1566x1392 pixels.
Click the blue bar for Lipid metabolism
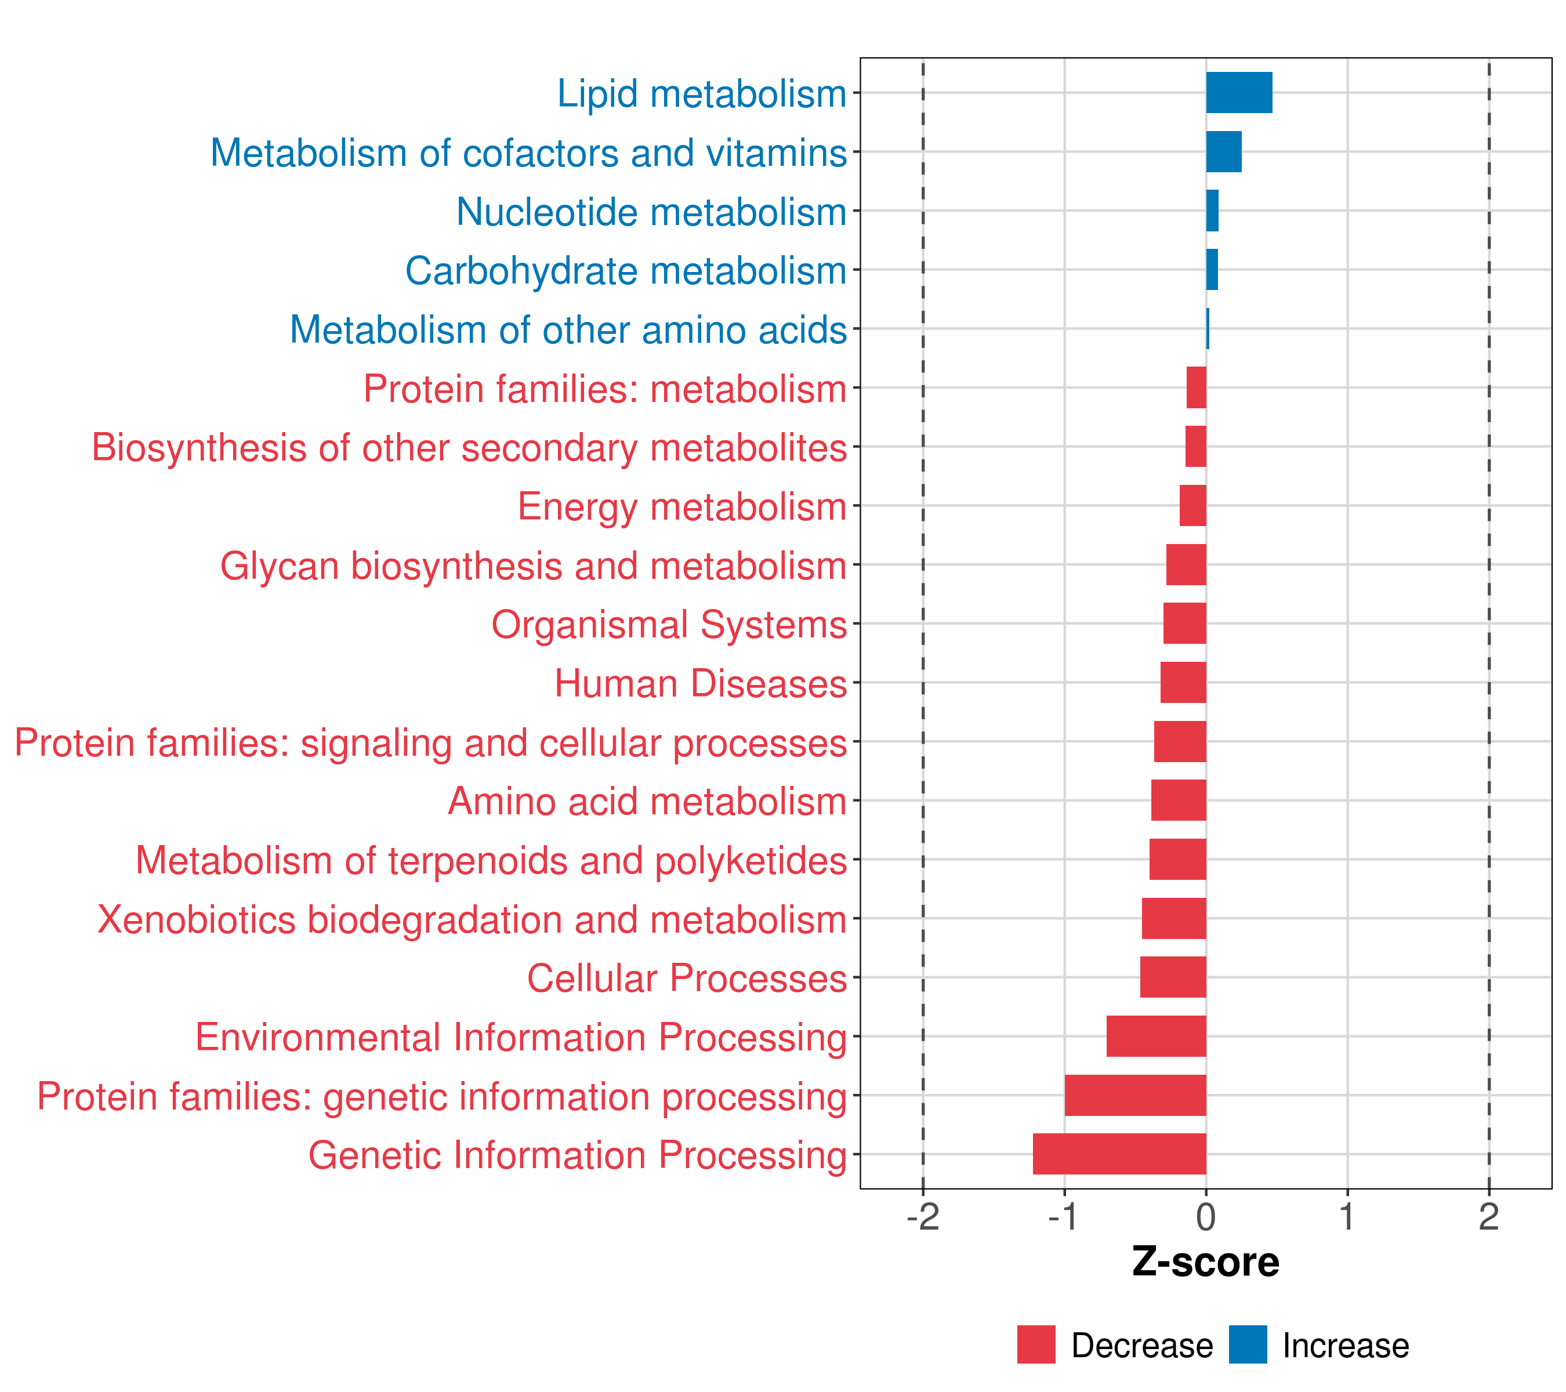pos(1239,93)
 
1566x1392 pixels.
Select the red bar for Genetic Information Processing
pos(1119,1154)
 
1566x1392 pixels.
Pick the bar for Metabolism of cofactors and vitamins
pos(1224,152)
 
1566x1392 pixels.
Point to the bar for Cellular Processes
pos(1173,977)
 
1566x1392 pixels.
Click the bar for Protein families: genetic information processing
pos(1136,1095)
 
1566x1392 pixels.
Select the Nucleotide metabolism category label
pos(651,212)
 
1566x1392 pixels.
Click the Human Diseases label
pos(700,683)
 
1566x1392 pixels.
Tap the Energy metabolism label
pos(682,507)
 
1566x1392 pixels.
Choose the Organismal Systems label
pos(669,624)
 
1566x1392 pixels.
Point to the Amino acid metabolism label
pos(647,802)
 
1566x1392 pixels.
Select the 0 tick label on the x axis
pos(1206,1217)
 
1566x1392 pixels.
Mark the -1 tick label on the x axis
pos(1064,1217)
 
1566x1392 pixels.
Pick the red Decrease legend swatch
pos(1036,1344)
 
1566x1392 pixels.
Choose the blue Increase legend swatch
pos(1247,1344)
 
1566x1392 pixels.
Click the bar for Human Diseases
pos(1183,683)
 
